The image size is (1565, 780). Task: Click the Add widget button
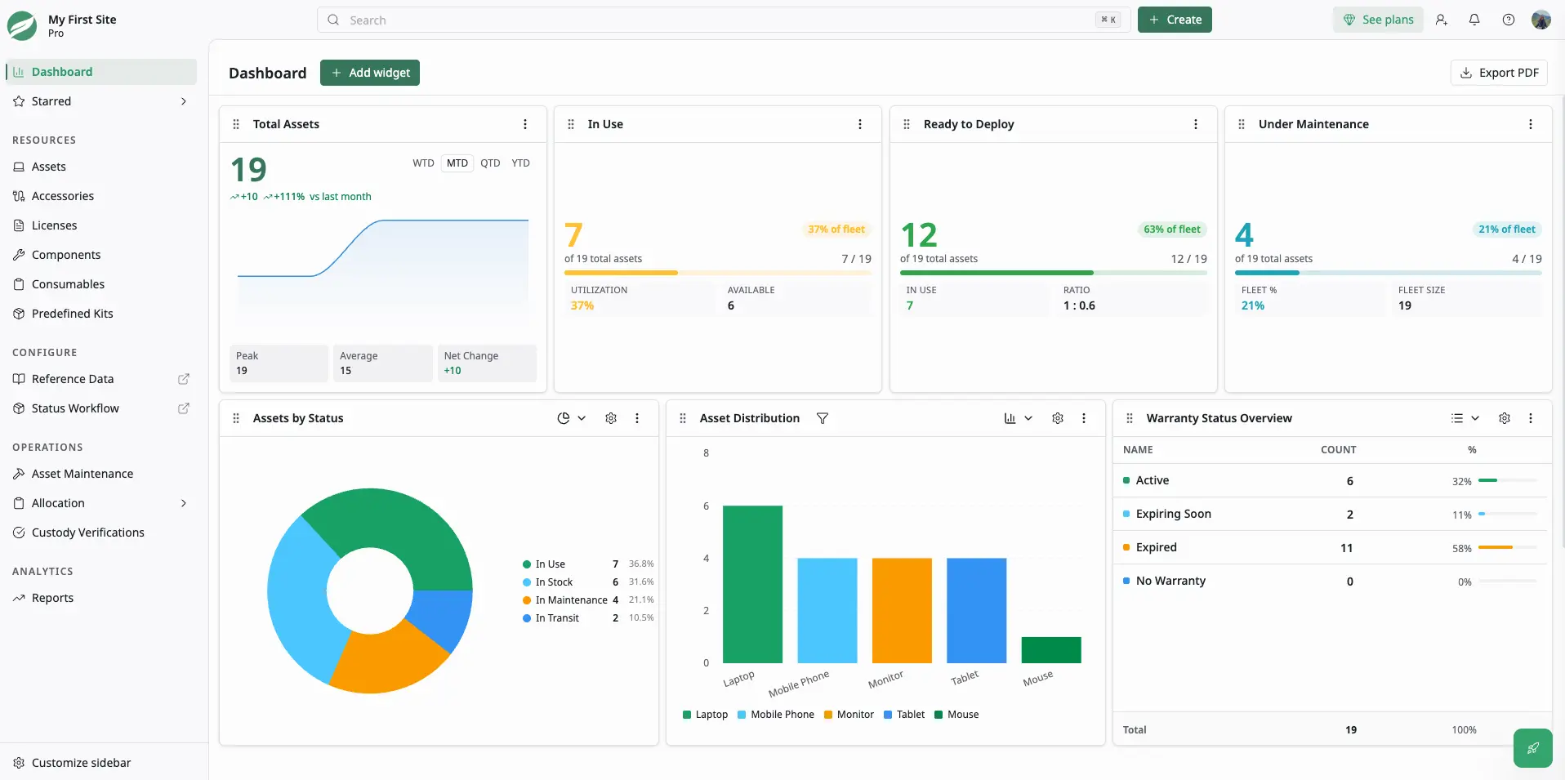(370, 73)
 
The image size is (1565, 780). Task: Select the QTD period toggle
(490, 163)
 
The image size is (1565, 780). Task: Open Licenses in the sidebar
(54, 225)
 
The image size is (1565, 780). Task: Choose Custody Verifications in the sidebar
(87, 533)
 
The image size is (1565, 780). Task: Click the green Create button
(1175, 20)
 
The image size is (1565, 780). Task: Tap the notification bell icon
(1474, 20)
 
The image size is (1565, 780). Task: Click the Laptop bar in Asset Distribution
(752, 584)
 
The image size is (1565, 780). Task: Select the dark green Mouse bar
(1051, 650)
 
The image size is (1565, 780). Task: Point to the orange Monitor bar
(902, 610)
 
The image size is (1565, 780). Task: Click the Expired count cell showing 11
(1347, 548)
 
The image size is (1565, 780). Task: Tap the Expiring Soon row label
(1173, 514)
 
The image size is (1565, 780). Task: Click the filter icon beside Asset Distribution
(823, 418)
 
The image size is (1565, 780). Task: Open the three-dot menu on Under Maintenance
(1531, 124)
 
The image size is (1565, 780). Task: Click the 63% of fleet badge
(1172, 230)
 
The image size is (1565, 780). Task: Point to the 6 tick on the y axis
(707, 506)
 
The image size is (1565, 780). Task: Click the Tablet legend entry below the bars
(904, 715)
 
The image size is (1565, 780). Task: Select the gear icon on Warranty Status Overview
(1505, 418)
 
